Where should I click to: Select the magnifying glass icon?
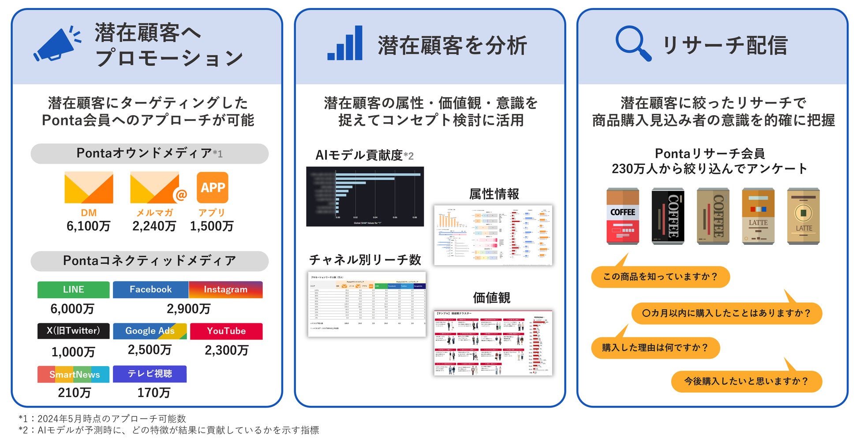633,43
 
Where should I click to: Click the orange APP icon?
213,187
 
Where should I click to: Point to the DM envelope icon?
89,187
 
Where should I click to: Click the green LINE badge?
73,290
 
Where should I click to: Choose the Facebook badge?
150,290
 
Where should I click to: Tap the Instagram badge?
225,290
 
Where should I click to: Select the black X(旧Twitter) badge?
73,331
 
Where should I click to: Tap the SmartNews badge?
73,375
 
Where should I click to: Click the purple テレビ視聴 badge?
150,374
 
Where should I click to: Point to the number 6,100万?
88,226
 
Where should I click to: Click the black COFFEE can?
668,216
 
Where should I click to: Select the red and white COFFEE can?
622,216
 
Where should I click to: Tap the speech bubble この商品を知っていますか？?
660,277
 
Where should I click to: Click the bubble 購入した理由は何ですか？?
655,348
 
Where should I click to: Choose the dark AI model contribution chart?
365,197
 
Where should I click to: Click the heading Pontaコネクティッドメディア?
150,261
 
